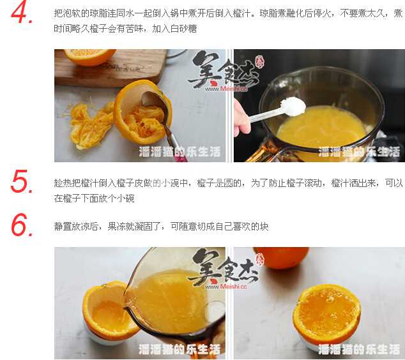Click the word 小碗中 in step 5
(174, 183)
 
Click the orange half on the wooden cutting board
(89, 57)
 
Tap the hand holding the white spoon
(241, 117)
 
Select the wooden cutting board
(109, 68)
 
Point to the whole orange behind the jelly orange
(281, 257)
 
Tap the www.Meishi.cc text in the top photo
(226, 89)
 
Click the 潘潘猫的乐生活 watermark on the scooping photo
(180, 152)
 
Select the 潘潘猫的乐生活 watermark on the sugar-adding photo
(359, 152)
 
